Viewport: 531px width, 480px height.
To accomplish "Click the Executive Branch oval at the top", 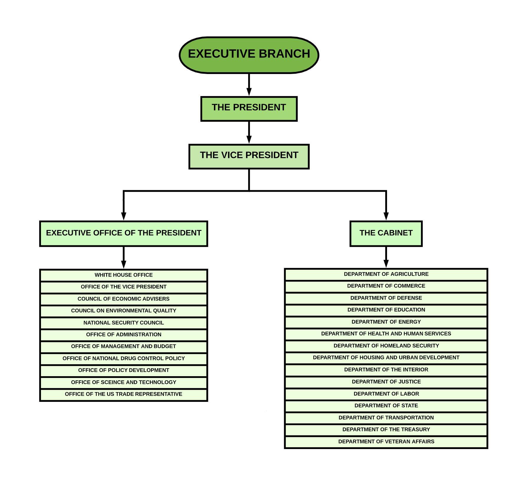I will (x=249, y=55).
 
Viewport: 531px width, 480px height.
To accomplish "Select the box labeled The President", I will (x=249, y=109).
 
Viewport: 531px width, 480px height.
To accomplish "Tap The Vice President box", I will (x=249, y=156).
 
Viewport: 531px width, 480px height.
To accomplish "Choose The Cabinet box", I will (x=386, y=233).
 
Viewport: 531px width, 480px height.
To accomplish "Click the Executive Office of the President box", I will (x=124, y=233).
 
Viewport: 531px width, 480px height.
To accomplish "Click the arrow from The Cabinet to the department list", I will (x=386, y=257).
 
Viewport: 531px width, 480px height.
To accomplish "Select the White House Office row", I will (x=124, y=275).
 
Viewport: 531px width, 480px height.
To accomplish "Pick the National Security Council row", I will (x=124, y=323).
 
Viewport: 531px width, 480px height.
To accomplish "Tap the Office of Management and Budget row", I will (x=124, y=346).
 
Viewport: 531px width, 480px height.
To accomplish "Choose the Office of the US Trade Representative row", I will (x=124, y=394).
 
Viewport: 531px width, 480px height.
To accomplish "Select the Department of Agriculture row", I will (x=386, y=274).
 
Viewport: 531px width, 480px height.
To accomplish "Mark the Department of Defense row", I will (x=386, y=298).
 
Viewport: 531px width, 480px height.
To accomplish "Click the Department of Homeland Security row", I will (x=386, y=346).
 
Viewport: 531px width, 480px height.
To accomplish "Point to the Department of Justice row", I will (x=386, y=382).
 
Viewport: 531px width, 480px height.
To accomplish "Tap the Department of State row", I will (x=386, y=406).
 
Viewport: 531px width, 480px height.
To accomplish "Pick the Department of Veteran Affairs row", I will (x=386, y=442).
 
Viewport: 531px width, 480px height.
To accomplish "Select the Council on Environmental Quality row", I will (x=124, y=311).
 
